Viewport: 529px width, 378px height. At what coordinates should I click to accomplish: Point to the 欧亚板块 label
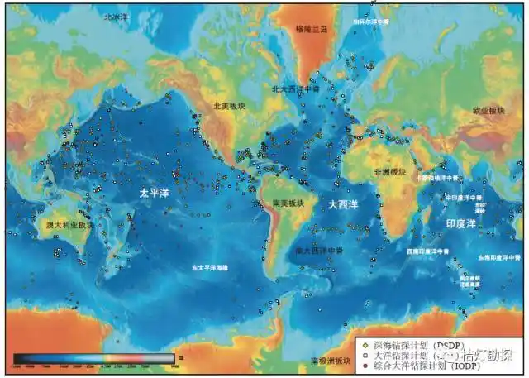[x=488, y=110]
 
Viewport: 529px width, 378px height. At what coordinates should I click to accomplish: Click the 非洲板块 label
[x=388, y=173]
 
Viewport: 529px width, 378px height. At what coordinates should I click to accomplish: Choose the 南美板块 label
[x=288, y=202]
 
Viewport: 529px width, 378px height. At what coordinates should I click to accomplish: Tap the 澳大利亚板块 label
[x=68, y=224]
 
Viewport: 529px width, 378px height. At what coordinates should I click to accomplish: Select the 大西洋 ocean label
[x=343, y=203]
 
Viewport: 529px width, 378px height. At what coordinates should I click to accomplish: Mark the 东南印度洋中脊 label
[x=498, y=258]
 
